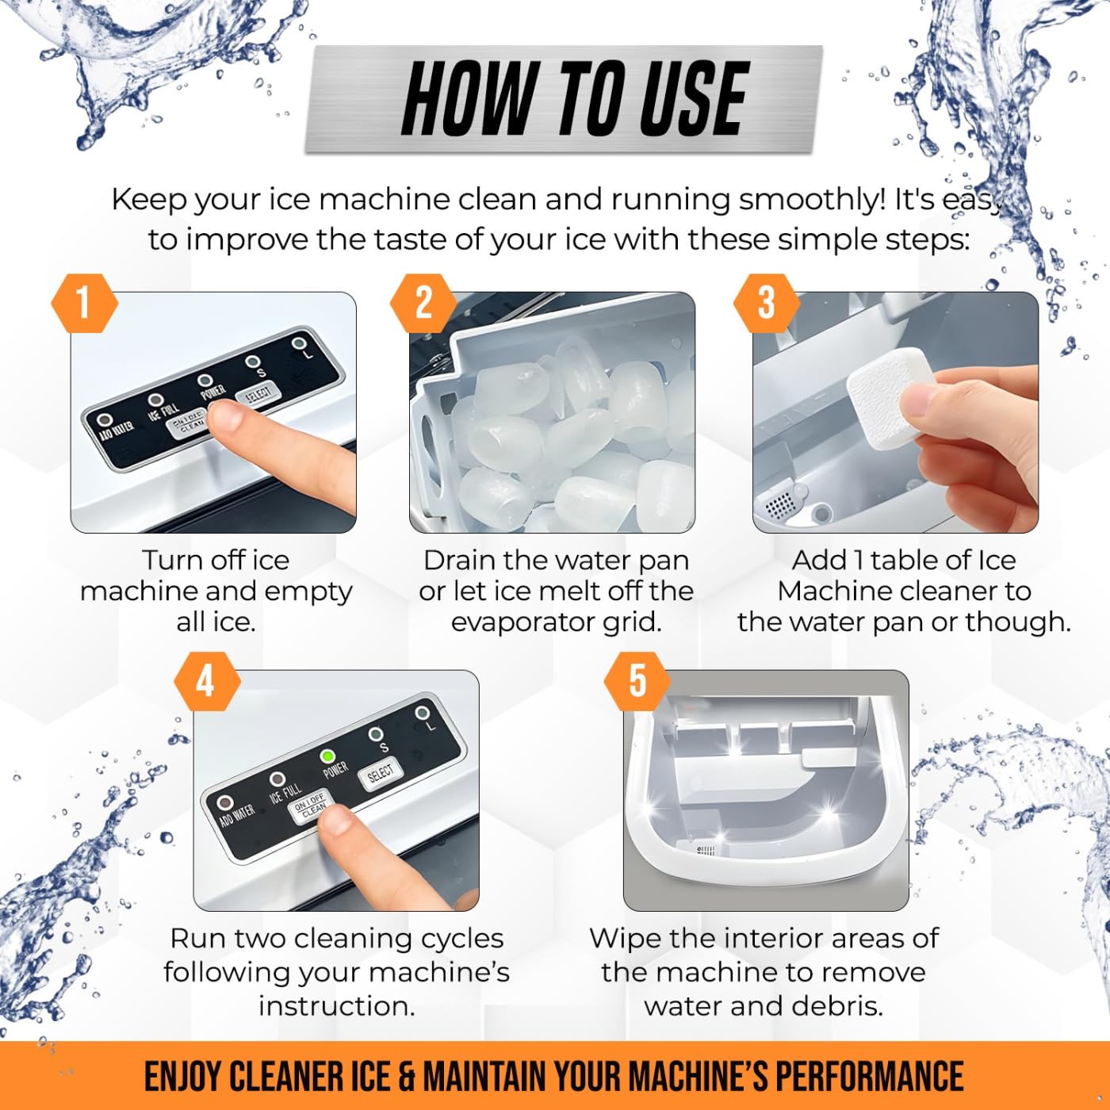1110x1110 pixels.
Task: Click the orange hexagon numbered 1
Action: click(85, 303)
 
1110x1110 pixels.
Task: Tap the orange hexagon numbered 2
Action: click(424, 303)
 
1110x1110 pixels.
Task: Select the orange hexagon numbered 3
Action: click(767, 303)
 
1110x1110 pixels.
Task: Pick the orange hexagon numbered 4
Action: click(208, 681)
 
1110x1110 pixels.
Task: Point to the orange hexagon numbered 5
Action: click(637, 681)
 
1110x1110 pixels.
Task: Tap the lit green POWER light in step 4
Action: click(328, 755)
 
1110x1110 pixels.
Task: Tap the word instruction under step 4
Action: click(336, 1006)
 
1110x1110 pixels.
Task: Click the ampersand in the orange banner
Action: click(405, 1075)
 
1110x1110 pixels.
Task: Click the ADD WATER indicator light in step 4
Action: click(224, 802)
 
